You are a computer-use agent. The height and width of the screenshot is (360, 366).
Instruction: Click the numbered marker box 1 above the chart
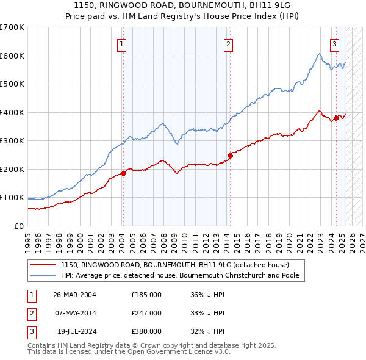click(122, 44)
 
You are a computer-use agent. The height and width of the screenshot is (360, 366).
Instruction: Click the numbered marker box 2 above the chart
click(228, 44)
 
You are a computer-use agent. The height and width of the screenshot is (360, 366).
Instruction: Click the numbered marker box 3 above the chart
click(335, 44)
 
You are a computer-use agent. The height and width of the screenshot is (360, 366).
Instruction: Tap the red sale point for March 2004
click(123, 173)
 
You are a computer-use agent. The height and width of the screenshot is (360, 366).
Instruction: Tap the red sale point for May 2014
click(231, 156)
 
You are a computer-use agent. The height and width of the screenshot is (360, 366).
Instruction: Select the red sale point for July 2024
click(336, 118)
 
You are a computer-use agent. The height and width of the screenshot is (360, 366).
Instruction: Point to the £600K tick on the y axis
click(12, 56)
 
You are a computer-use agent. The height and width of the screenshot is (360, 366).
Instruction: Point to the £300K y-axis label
click(12, 141)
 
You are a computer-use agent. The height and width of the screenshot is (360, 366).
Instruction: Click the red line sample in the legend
click(43, 265)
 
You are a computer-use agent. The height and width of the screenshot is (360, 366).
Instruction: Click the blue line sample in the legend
click(43, 275)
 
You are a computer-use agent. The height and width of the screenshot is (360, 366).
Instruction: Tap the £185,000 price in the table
click(146, 295)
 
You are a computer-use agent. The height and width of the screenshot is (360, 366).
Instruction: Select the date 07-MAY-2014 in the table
click(74, 313)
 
